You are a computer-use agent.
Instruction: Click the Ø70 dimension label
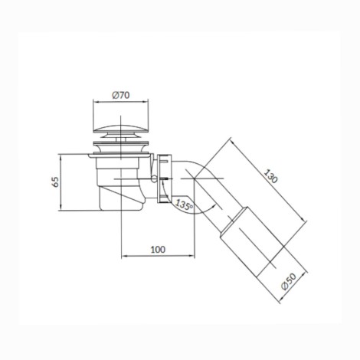[x=121, y=95]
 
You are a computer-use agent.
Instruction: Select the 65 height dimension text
[x=55, y=182]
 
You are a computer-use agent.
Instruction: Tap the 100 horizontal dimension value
[x=158, y=250]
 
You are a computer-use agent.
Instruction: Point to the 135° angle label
[x=184, y=205]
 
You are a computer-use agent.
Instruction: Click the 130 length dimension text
[x=270, y=176]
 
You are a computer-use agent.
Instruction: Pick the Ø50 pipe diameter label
[x=289, y=281]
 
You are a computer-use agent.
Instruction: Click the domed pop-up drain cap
[x=121, y=129]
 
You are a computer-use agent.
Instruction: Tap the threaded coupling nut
[x=165, y=178]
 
